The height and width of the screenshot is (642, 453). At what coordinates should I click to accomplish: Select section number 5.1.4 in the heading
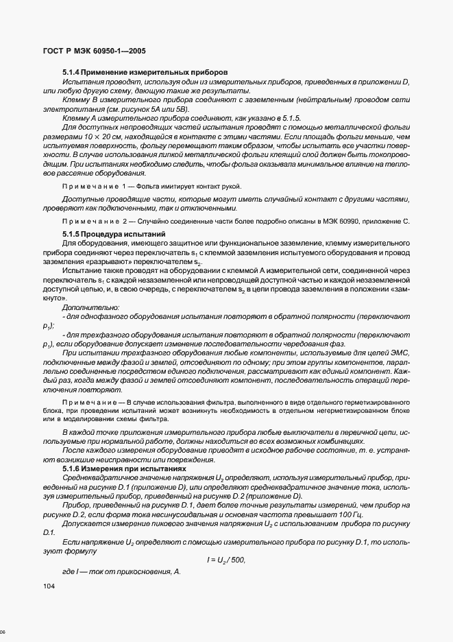(x=72, y=72)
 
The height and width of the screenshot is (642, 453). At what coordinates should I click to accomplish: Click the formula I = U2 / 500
(x=225, y=560)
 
